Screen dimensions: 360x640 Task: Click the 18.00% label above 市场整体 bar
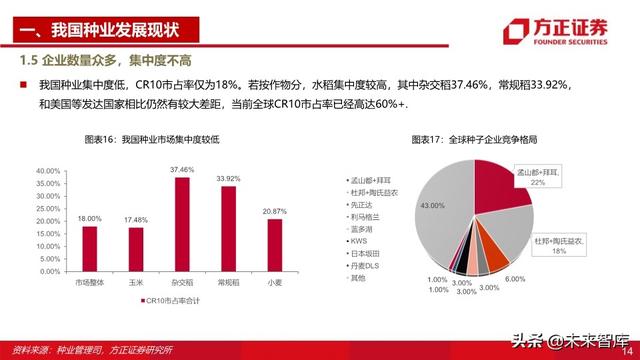click(90, 218)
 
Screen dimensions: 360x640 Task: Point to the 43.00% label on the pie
click(432, 205)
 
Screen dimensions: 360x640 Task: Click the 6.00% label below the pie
click(514, 279)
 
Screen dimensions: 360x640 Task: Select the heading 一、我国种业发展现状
click(107, 28)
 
